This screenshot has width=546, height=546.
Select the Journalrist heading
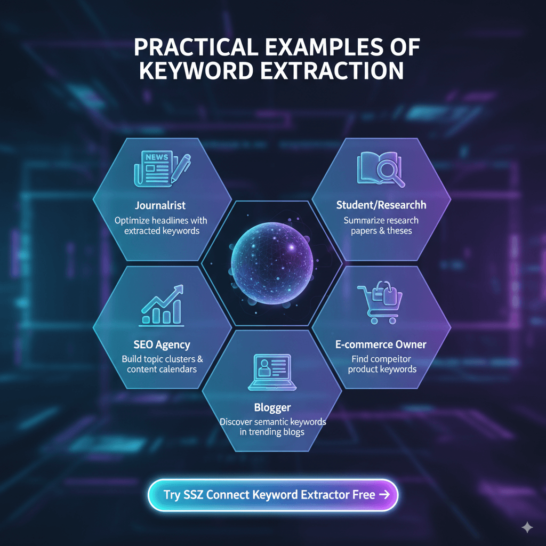[x=160, y=205]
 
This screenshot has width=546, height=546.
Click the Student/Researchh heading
[x=381, y=205]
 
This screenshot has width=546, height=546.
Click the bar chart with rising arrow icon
[x=162, y=306]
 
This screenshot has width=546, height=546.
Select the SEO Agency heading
[x=162, y=345]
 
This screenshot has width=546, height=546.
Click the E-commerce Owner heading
[x=381, y=344]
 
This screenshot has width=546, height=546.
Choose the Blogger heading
[x=272, y=408]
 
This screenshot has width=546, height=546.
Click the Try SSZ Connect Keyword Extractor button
[x=272, y=494]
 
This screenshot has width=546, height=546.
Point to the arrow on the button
[x=383, y=494]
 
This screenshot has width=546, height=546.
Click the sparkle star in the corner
[x=527, y=527]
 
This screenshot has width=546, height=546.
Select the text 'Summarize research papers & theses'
[x=381, y=226]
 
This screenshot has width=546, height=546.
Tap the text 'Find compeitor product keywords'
[x=382, y=364]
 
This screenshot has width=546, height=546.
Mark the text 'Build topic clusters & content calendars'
[x=162, y=364]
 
